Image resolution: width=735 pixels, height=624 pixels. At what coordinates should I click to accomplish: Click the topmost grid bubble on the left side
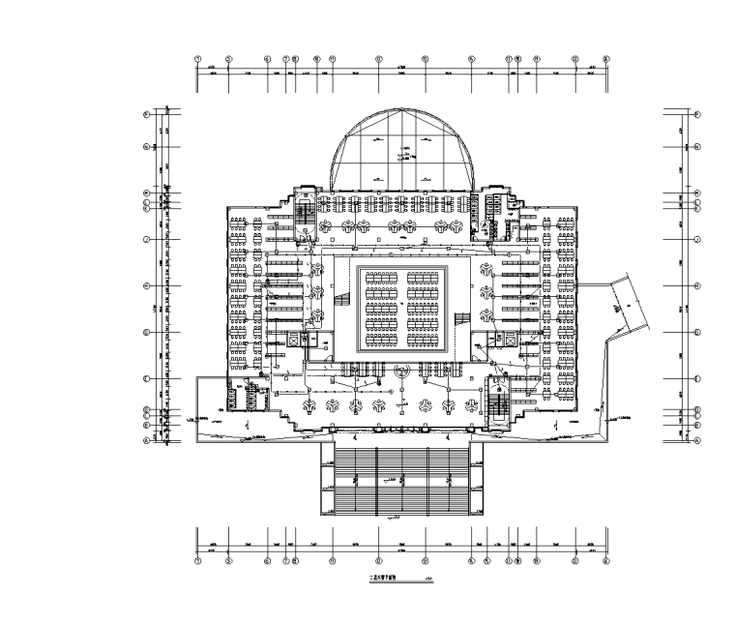click(147, 114)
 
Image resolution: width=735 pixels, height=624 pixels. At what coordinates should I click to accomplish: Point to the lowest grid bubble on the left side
click(147, 440)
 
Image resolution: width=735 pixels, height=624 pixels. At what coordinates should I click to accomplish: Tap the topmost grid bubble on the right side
click(696, 114)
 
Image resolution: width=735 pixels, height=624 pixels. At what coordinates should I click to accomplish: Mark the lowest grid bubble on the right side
click(696, 440)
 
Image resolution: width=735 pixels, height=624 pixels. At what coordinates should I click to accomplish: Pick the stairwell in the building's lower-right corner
click(500, 399)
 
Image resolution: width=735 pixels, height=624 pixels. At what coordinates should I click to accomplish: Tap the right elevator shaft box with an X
click(503, 340)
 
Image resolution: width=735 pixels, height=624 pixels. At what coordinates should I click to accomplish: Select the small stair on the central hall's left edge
click(341, 300)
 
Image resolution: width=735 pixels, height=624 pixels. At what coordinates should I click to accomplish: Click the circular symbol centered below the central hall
click(403, 370)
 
